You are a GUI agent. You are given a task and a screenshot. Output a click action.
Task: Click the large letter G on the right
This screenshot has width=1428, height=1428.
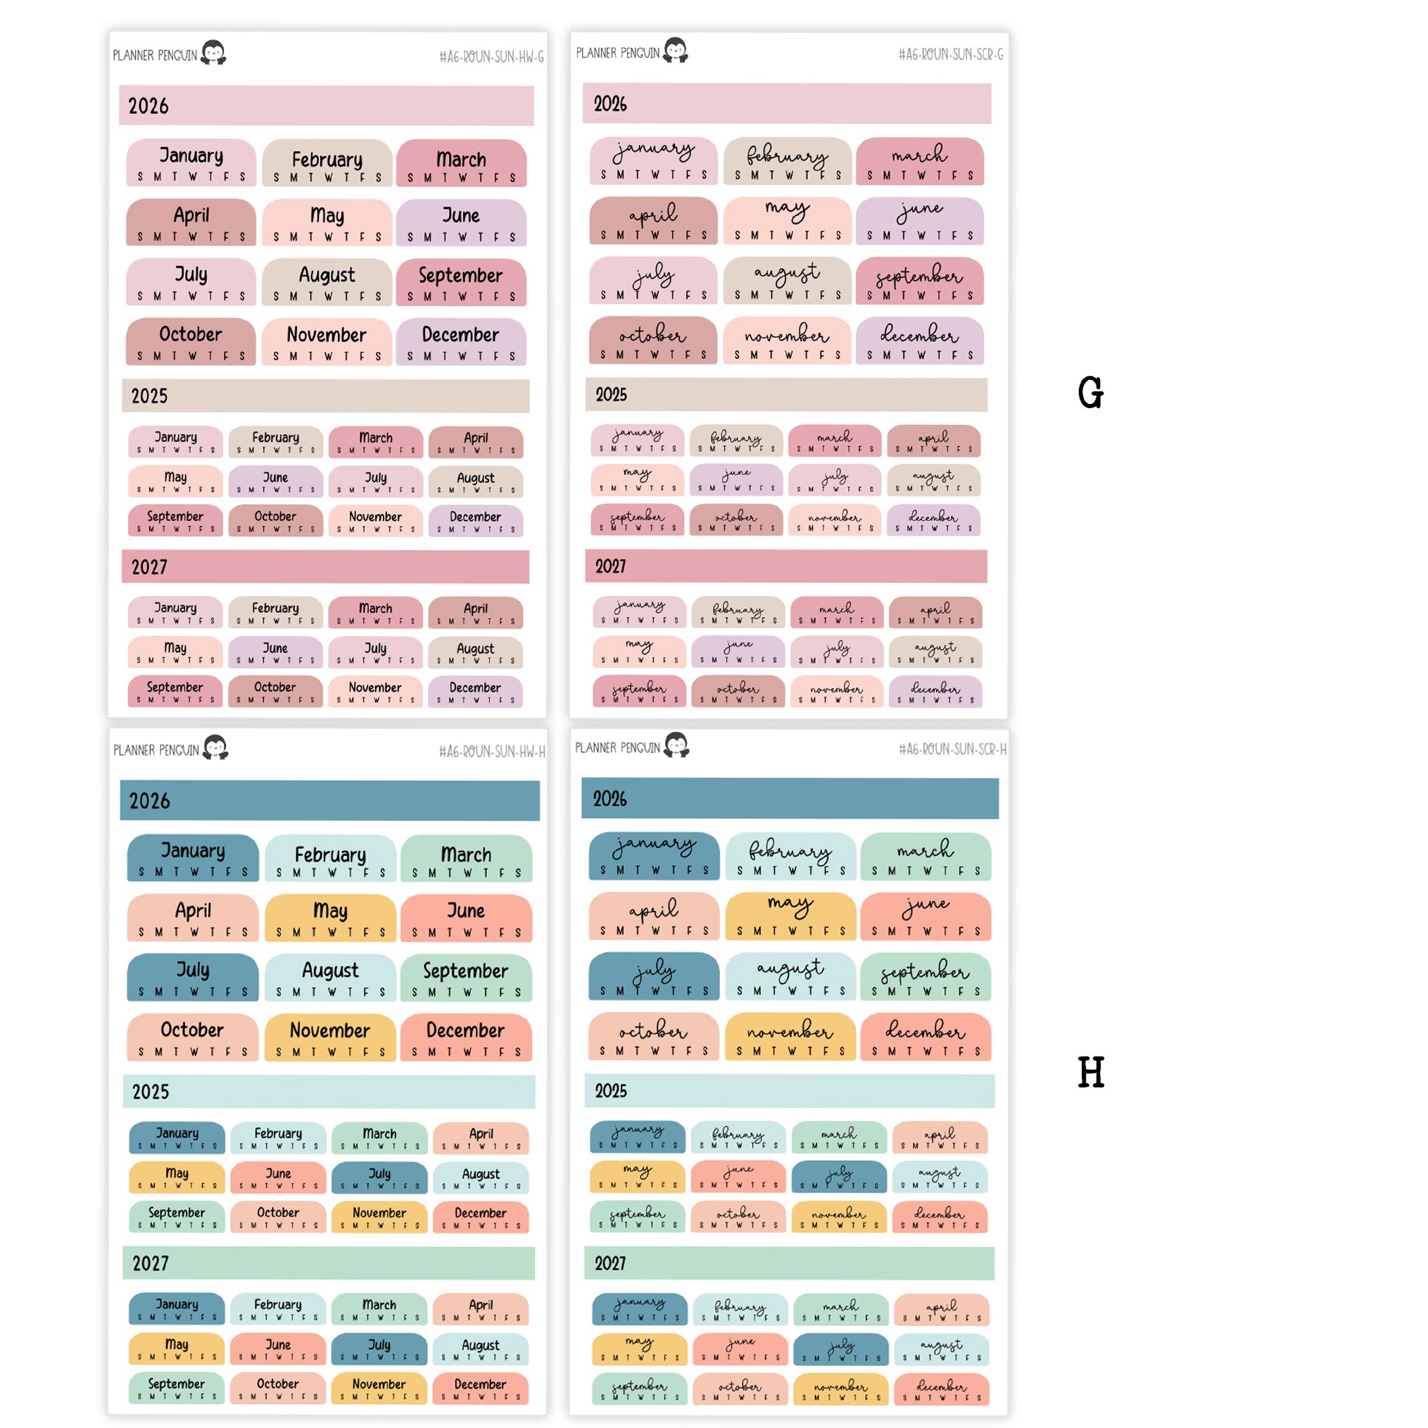coord(1090,392)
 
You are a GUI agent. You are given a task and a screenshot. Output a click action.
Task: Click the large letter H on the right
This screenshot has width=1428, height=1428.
coord(1090,1072)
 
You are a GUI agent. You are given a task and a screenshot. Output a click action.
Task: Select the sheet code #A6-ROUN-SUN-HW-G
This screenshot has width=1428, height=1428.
coord(491,57)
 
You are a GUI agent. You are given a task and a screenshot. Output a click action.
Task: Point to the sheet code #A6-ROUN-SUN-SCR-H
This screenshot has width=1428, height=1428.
coord(952,750)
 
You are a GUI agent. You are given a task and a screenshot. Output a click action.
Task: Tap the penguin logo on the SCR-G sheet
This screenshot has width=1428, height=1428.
coord(675,50)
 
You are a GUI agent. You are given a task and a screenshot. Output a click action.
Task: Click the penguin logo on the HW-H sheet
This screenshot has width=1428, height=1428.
coord(215,747)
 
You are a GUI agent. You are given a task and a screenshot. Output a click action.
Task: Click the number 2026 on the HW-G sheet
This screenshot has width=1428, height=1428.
coord(149,106)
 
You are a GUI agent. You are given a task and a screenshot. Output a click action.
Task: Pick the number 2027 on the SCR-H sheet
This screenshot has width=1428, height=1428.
coord(609,1263)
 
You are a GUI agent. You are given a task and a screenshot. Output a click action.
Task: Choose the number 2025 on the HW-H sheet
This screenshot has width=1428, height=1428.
coord(150,1092)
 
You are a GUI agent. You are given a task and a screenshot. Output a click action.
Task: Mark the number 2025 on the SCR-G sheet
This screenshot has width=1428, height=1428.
coord(612,395)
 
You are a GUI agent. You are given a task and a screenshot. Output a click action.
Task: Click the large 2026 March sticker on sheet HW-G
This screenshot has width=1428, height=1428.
coord(461,163)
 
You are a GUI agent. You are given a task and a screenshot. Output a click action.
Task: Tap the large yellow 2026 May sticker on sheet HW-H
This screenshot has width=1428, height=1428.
coord(329,917)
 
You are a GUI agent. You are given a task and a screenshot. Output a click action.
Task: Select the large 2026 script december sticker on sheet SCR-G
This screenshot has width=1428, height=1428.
coord(919,341)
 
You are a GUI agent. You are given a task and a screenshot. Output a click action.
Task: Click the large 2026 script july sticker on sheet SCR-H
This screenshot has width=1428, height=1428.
coord(653,975)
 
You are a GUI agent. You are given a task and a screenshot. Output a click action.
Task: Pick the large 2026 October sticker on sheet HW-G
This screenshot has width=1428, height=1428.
coord(191,341)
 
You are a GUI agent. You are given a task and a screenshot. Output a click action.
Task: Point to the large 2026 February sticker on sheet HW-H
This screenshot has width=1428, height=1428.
coord(329,858)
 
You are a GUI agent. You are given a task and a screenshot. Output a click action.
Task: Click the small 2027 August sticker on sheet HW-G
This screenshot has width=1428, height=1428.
coord(475,652)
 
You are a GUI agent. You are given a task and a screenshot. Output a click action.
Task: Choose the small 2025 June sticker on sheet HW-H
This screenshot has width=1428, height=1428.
coord(278,1177)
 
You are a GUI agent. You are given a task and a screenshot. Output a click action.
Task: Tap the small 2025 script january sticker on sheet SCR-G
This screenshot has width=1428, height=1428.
coord(637,440)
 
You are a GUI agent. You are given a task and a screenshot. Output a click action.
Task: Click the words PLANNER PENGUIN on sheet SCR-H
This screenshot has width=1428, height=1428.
coord(617,748)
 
